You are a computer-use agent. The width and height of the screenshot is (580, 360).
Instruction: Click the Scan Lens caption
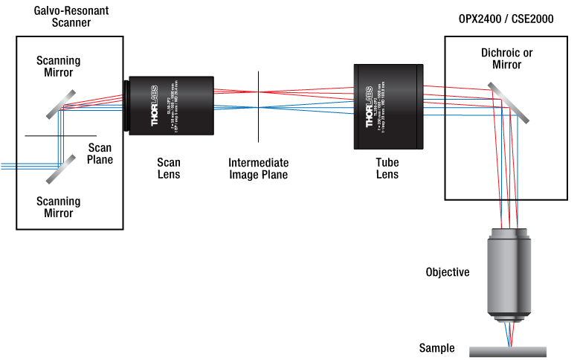168,169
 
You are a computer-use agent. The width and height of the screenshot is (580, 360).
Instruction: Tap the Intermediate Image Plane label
258,169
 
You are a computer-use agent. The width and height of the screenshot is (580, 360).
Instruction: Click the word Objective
447,272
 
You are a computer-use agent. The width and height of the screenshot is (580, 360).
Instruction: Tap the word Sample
436,348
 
